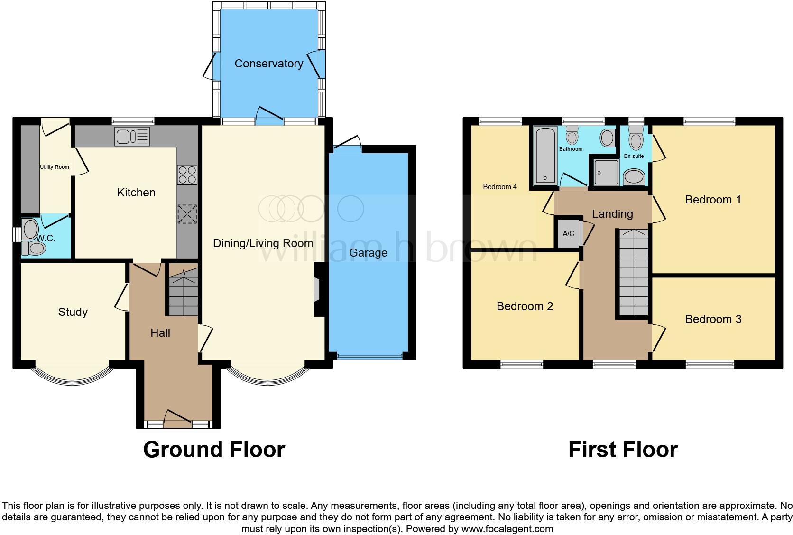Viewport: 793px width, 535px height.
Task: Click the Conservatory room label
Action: (x=268, y=64)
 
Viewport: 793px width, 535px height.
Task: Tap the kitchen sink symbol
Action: (x=132, y=137)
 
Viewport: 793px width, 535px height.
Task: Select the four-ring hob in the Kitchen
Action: (x=187, y=175)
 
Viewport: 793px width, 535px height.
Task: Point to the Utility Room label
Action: (x=55, y=167)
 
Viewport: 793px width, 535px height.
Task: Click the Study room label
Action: (x=73, y=312)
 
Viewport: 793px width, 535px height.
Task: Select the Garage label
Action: (x=368, y=253)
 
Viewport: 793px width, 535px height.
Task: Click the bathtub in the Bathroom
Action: (x=545, y=156)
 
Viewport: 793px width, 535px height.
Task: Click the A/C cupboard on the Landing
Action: (x=568, y=233)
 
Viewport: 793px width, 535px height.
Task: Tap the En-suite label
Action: (x=634, y=156)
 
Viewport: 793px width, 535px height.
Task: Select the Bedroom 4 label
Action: (x=500, y=187)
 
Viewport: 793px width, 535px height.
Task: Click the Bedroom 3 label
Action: (x=713, y=319)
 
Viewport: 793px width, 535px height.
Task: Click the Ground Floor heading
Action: (x=214, y=450)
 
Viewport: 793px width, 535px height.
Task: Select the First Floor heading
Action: (x=623, y=450)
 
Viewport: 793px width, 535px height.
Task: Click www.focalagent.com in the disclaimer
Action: (x=507, y=528)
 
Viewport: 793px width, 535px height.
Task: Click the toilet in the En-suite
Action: (x=635, y=139)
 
